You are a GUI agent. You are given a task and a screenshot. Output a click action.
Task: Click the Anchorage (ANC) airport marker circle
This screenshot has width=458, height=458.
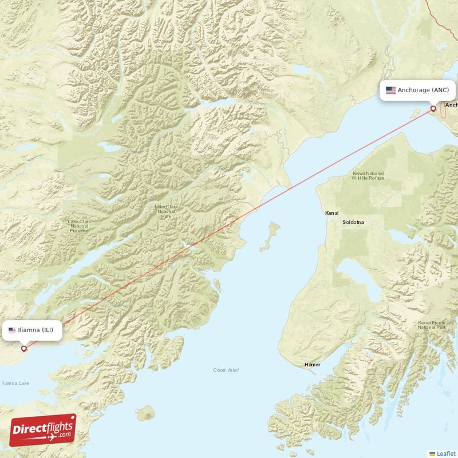pos(433,108)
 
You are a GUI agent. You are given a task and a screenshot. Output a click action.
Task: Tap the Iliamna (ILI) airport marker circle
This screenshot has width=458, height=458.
pos(24,348)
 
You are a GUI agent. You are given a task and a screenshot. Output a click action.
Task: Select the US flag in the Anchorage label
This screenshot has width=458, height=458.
pos(391,90)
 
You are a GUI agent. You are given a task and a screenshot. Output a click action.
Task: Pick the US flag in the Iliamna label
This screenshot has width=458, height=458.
pos(12,330)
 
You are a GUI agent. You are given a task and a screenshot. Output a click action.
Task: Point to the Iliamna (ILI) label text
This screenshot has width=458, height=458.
pos(37,330)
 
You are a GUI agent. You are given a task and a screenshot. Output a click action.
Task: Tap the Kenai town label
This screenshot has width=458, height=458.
pos(332,213)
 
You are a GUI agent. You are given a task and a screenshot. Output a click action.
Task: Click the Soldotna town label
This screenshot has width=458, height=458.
pos(353,222)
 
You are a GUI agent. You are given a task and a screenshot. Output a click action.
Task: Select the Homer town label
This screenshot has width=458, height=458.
pos(313,365)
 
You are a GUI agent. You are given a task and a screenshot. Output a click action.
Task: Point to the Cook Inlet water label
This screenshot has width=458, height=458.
pos(226,370)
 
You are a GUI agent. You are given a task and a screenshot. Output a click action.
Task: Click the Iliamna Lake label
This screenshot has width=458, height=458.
pos(15,383)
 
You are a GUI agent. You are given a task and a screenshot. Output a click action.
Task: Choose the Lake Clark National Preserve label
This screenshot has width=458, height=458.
pos(79,226)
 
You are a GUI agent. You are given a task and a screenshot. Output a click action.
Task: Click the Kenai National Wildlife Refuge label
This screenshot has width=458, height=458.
pos(368,176)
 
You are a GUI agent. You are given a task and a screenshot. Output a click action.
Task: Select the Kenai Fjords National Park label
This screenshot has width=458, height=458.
pos(432,325)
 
